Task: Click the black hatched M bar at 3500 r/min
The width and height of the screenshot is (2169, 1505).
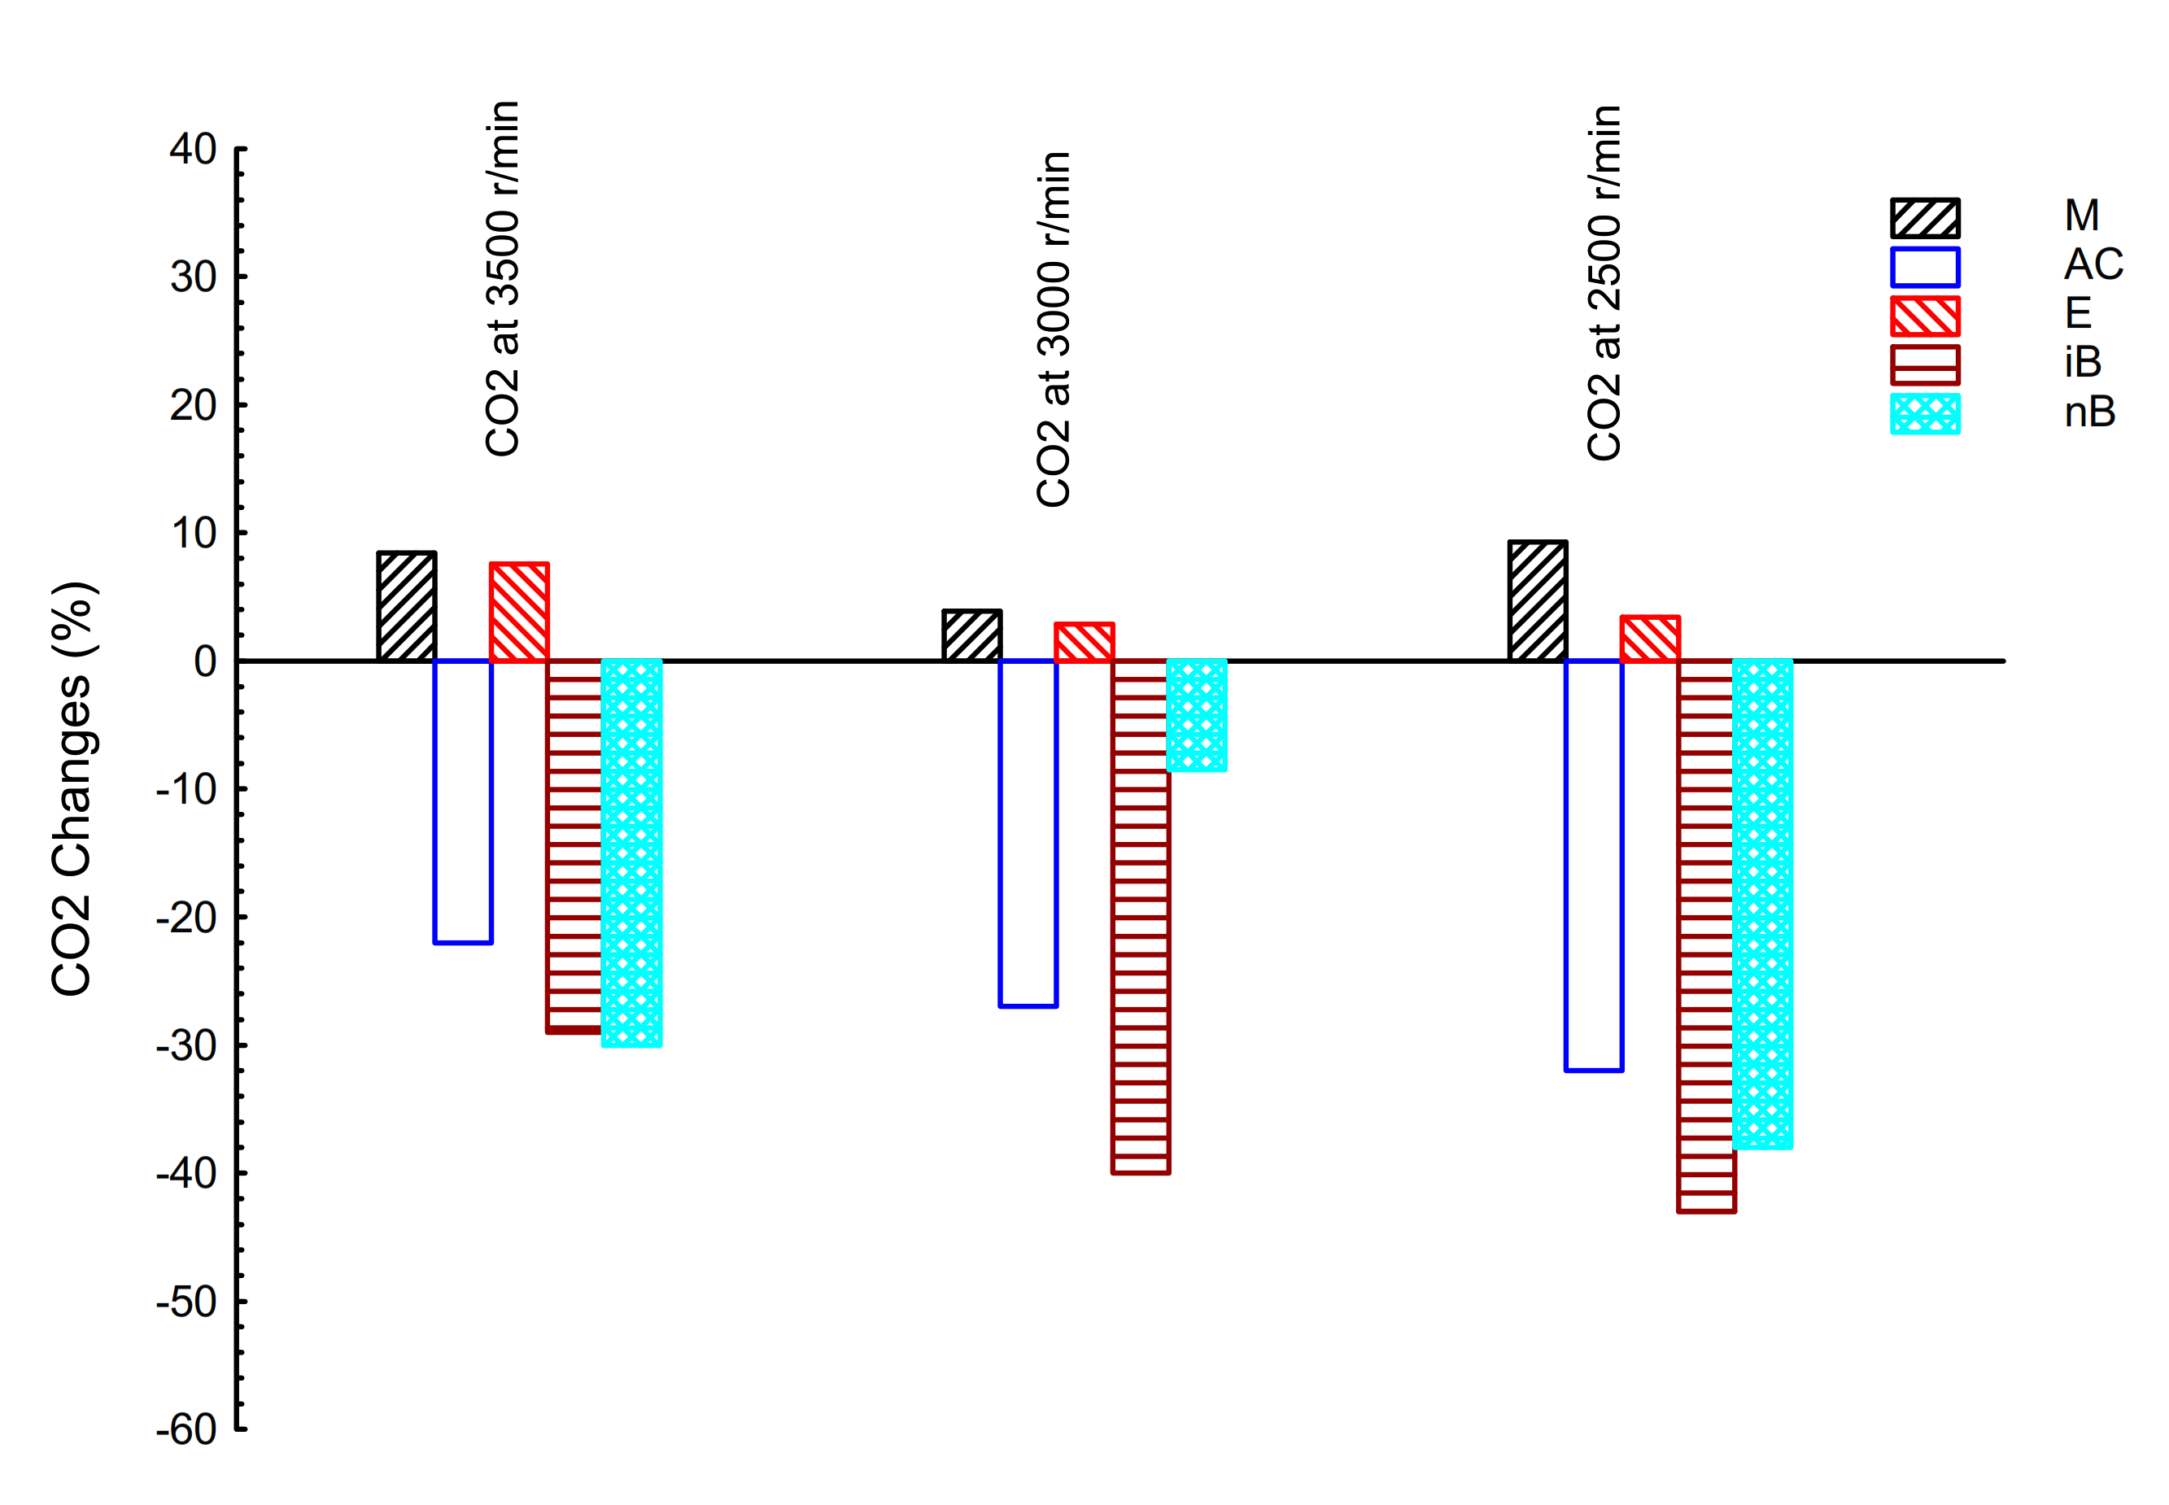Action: (407, 606)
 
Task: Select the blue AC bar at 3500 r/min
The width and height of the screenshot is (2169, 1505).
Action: (463, 800)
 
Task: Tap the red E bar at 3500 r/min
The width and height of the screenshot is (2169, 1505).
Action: (519, 612)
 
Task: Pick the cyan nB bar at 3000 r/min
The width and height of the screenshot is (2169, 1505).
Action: (1197, 715)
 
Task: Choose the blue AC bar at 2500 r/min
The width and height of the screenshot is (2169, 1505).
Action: (1594, 865)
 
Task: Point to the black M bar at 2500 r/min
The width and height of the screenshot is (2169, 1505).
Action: (1537, 600)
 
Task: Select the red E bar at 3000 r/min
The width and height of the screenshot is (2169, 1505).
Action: (1084, 641)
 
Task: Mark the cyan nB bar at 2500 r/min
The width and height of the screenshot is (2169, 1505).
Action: (1762, 903)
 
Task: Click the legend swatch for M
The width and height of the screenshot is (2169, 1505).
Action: (1925, 218)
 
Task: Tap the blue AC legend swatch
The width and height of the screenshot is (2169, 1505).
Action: (1925, 267)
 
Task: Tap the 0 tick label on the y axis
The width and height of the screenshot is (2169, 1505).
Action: (205, 661)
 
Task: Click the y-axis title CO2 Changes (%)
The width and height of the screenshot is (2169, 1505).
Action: (72, 788)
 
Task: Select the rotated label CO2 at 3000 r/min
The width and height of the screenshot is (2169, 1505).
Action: (1054, 329)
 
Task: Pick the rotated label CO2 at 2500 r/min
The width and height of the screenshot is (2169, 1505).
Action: (1604, 283)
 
